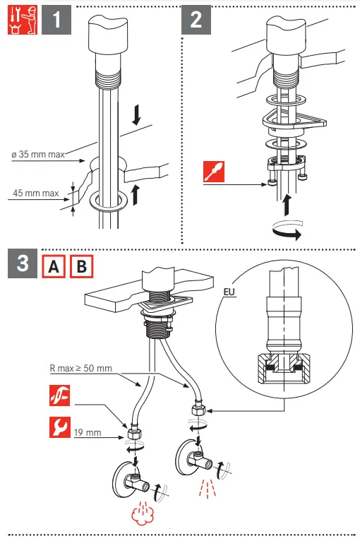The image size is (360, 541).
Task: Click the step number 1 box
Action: pos(56,20)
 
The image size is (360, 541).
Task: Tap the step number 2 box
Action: pos(196,20)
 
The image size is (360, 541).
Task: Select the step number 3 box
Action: pos(23,263)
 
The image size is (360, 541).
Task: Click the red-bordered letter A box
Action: pos(54,266)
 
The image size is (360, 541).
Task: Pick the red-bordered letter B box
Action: pos(82,266)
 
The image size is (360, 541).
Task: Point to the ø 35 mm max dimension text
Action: pos(38,154)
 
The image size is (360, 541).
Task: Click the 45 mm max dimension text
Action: pos(36,194)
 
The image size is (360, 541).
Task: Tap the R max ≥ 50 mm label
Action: pos(80,369)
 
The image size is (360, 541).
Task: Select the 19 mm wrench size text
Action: pos(88,433)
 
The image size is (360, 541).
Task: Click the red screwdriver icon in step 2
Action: pos(214,172)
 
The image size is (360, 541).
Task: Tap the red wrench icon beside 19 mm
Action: pos(60,427)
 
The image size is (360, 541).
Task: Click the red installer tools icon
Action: pos(23,20)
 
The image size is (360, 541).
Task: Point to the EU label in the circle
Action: pos(229,292)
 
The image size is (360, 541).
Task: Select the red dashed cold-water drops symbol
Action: pos(208,488)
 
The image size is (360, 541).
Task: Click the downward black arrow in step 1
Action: pos(137,115)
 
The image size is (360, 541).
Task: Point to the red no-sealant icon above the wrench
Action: pos(60,396)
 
